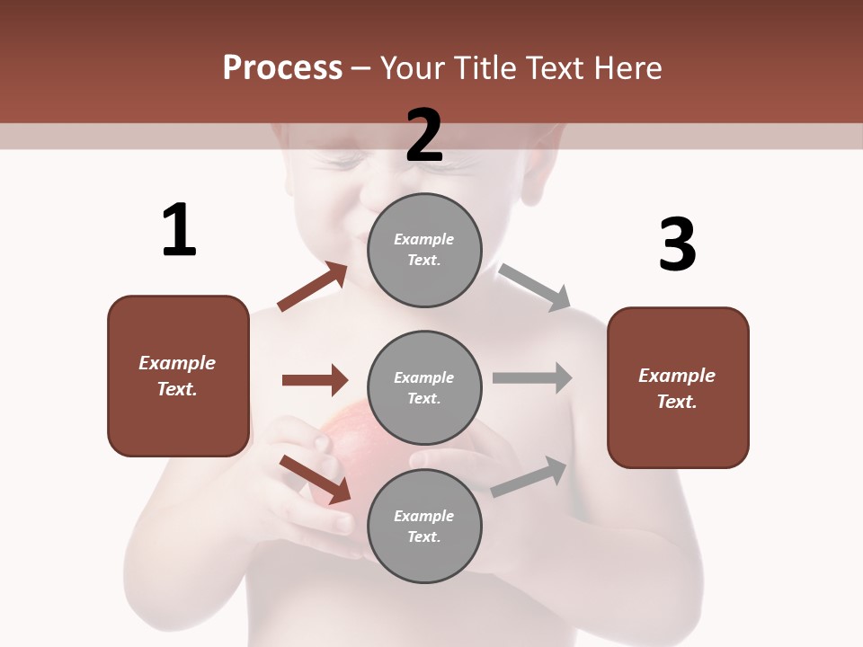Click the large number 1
click(x=179, y=230)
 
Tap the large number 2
click(x=424, y=136)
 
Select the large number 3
click(x=677, y=244)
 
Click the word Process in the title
click(x=282, y=68)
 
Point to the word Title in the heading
click(x=485, y=68)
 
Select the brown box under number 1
click(x=178, y=376)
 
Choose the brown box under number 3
click(x=678, y=388)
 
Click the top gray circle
click(x=424, y=250)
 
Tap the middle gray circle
click(x=424, y=388)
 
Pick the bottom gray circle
click(x=424, y=527)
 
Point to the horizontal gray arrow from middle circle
click(x=532, y=377)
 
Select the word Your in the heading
click(x=414, y=68)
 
